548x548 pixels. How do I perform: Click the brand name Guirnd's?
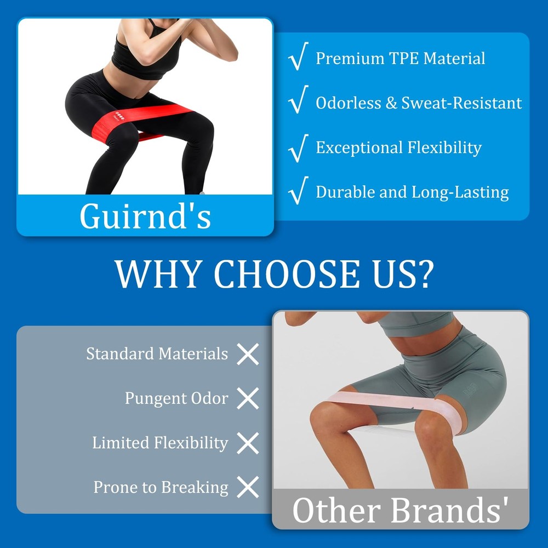(145, 216)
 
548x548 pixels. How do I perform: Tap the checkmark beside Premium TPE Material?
(298, 56)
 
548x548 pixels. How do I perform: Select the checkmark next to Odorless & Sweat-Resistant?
(298, 100)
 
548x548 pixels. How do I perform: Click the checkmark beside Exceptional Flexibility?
(298, 148)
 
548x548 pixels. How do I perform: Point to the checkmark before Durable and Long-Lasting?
(298, 191)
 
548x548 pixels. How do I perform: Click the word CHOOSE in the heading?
(286, 273)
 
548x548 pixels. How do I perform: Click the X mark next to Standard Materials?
(248, 354)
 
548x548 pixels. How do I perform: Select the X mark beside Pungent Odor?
(248, 398)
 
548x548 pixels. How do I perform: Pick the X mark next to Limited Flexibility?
(248, 443)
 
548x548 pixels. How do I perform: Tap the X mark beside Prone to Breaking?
(248, 487)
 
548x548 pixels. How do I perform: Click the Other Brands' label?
(400, 510)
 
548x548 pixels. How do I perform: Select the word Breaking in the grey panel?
(195, 488)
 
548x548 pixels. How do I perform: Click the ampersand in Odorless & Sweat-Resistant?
(391, 103)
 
